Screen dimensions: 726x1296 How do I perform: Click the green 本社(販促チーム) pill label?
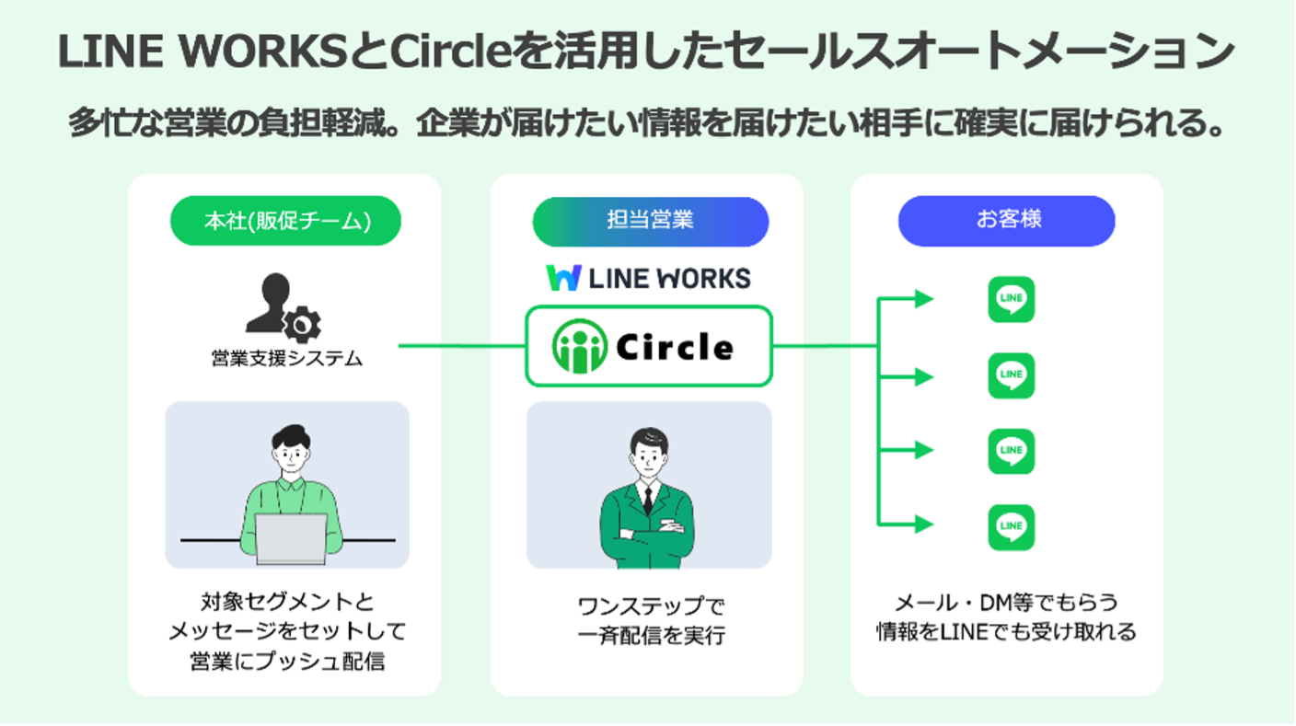click(286, 221)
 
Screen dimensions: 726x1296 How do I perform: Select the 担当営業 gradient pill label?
click(650, 221)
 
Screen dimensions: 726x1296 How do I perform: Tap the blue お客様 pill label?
click(1007, 221)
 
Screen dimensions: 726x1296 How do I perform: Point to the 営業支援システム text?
click(286, 359)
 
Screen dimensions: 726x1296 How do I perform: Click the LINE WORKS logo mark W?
click(562, 278)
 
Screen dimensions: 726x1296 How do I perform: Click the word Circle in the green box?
click(674, 347)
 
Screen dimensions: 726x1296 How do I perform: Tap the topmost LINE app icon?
click(1012, 300)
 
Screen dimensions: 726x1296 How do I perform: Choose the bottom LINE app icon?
click(1012, 527)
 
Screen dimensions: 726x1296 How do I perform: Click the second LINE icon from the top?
click(1012, 375)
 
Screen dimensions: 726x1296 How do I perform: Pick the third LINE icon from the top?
click(1012, 452)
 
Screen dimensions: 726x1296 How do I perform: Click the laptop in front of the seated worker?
click(290, 538)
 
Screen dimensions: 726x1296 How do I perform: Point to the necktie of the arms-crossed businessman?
click(648, 500)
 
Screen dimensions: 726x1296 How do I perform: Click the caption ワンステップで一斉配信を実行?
click(650, 621)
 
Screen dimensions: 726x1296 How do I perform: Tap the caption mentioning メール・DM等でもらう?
click(1005, 617)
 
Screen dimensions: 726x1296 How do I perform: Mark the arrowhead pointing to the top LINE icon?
click(923, 299)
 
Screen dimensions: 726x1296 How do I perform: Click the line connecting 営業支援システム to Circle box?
click(460, 347)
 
